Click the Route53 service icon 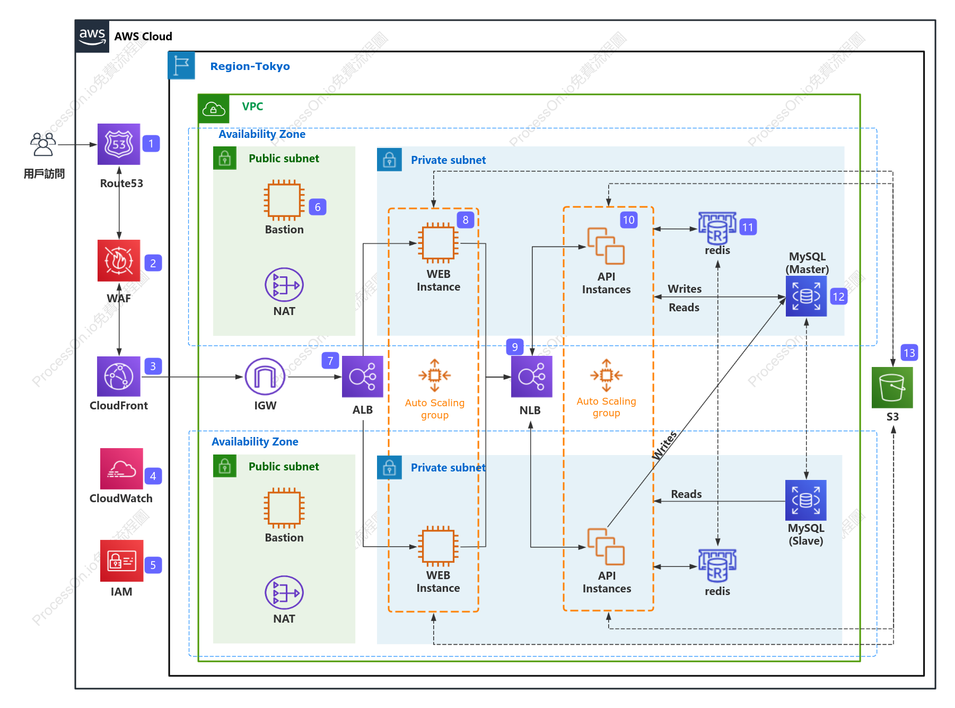pyautogui.click(x=119, y=144)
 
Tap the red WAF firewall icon pyautogui.click(x=119, y=260)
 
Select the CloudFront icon pyautogui.click(x=119, y=377)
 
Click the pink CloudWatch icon pyautogui.click(x=121, y=469)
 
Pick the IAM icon pyautogui.click(x=121, y=561)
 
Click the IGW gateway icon pyautogui.click(x=265, y=377)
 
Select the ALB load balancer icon pyautogui.click(x=363, y=377)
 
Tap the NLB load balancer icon pyautogui.click(x=532, y=377)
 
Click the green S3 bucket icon pyautogui.click(x=892, y=388)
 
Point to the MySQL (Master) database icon pyautogui.click(x=806, y=296)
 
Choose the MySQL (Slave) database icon pyautogui.click(x=806, y=500)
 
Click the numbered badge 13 pyautogui.click(x=909, y=353)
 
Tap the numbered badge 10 pyautogui.click(x=629, y=220)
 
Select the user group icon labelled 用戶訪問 pyautogui.click(x=43, y=144)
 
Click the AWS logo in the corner pyautogui.click(x=92, y=36)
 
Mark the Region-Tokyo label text pyautogui.click(x=250, y=66)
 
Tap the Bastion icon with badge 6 pyautogui.click(x=284, y=200)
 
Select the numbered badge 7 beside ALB pyautogui.click(x=330, y=361)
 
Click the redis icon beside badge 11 pyautogui.click(x=717, y=228)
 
